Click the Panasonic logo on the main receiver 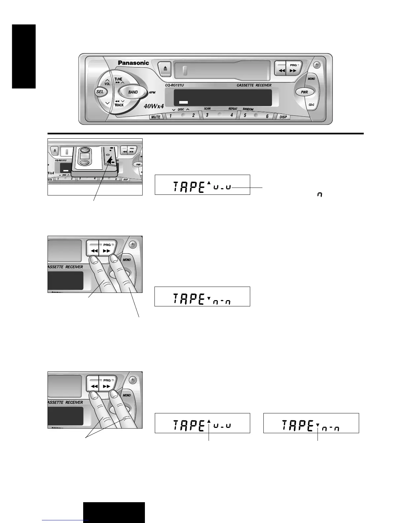click(133, 63)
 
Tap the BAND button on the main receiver click(133, 92)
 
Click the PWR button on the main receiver click(304, 92)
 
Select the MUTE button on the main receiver click(156, 117)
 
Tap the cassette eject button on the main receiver click(165, 69)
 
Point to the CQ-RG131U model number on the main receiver click(174, 86)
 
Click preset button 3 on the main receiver click(207, 115)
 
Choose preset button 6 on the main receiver click(267, 116)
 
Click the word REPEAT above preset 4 click(233, 109)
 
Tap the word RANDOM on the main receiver click(248, 109)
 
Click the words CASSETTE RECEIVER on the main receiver click(254, 86)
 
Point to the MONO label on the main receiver click(311, 79)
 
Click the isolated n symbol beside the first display click(320, 195)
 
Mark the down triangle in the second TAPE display click(209, 298)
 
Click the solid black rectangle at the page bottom click(114, 512)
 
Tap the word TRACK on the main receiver click(119, 105)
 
